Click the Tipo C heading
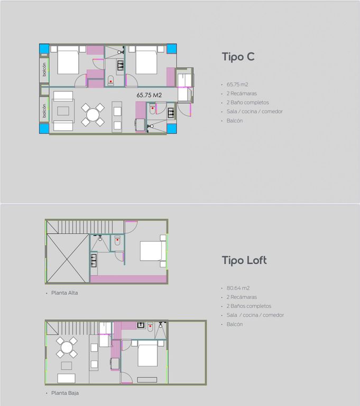pyautogui.click(x=238, y=57)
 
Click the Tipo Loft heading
pyautogui.click(x=244, y=260)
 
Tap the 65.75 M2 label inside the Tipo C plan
pyautogui.click(x=149, y=95)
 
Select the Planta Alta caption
pyautogui.click(x=64, y=293)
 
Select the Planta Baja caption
pyautogui.click(x=65, y=393)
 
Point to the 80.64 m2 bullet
pyautogui.click(x=238, y=288)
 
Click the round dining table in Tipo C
pyautogui.click(x=93, y=115)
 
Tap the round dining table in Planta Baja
pyautogui.click(x=67, y=347)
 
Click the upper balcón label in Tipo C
pyautogui.click(x=44, y=69)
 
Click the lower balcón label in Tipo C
pyautogui.click(x=44, y=110)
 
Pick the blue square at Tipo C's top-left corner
pyautogui.click(x=44, y=49)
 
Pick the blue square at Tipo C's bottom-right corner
pyautogui.click(x=171, y=128)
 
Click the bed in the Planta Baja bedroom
pyautogui.click(x=147, y=353)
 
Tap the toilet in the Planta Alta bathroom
pyautogui.click(x=117, y=241)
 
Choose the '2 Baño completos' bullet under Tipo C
pyautogui.click(x=247, y=103)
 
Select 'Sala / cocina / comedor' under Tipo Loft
pyautogui.click(x=255, y=315)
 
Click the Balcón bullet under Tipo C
pyautogui.click(x=235, y=121)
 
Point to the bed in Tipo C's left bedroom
pyautogui.click(x=68, y=60)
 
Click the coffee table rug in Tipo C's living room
pyautogui.click(x=63, y=111)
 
